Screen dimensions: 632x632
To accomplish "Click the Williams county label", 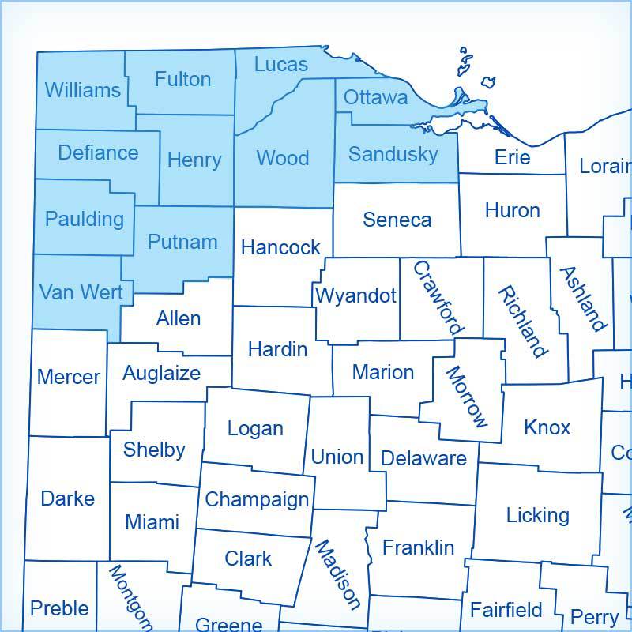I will click(83, 90).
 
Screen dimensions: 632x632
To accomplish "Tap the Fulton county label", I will click(182, 79).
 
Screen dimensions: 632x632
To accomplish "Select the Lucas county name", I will click(281, 64).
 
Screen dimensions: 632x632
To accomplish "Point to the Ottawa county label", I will click(376, 97).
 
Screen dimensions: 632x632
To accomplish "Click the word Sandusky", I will click(393, 154).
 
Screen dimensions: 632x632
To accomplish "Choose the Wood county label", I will click(283, 158).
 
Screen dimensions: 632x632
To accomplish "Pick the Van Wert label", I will click(81, 293).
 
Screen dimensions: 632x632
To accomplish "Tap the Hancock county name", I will click(280, 247).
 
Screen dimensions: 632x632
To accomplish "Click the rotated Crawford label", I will click(438, 298).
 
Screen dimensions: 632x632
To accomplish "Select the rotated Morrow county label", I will click(467, 396).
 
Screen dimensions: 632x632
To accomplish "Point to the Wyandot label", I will click(355, 295).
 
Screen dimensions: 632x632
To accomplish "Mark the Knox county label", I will click(547, 427).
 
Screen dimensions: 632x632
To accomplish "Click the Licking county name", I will click(537, 515).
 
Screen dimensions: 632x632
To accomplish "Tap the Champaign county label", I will click(257, 500).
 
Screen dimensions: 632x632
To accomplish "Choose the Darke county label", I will click(67, 498).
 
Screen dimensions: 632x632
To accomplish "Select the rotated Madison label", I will click(337, 574).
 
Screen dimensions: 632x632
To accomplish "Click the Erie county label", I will click(512, 157).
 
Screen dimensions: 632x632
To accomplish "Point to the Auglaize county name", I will click(161, 373).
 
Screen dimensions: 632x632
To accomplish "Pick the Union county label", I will click(337, 457).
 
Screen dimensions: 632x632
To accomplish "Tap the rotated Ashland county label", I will click(583, 299).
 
